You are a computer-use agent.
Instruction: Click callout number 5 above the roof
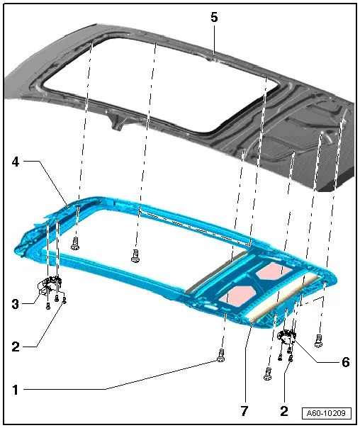point(214,16)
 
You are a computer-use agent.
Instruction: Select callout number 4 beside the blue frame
point(16,162)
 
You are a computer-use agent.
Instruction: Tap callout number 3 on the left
point(16,303)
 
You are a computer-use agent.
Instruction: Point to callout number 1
point(16,388)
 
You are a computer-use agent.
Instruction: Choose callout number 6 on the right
point(345,362)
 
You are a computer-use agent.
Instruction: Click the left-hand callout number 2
point(16,347)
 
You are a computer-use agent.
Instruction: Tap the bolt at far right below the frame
point(318,339)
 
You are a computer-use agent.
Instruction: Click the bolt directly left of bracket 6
point(267,373)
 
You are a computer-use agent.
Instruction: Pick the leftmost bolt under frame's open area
point(75,245)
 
